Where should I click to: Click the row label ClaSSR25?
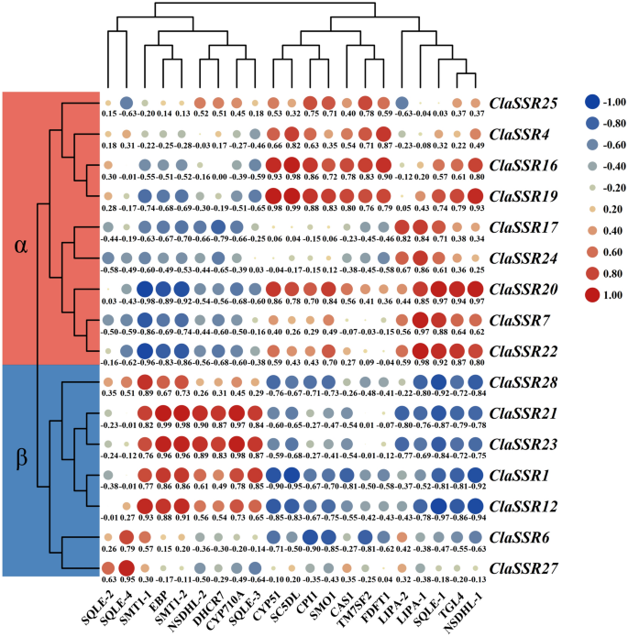tap(525, 103)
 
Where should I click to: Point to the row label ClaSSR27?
tap(525, 568)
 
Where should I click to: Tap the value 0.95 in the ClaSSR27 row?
tap(127, 581)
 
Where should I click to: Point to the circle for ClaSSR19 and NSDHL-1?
tap(474, 193)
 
